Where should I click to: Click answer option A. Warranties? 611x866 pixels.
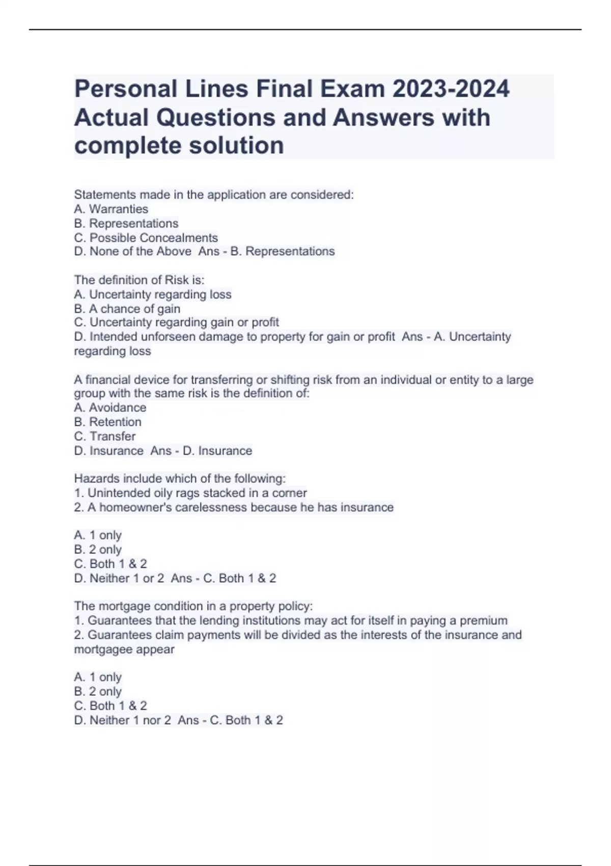click(111, 209)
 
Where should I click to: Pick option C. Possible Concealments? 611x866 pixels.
click(146, 238)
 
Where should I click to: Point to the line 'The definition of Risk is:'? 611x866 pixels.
click(139, 280)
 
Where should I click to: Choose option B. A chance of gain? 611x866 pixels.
click(127, 309)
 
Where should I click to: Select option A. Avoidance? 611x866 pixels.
click(110, 408)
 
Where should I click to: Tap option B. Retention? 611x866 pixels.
click(107, 422)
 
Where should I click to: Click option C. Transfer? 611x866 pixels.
click(104, 436)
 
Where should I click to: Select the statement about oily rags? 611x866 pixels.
click(190, 493)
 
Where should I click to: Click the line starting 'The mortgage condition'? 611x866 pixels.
click(193, 606)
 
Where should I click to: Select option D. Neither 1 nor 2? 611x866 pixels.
click(122, 720)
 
